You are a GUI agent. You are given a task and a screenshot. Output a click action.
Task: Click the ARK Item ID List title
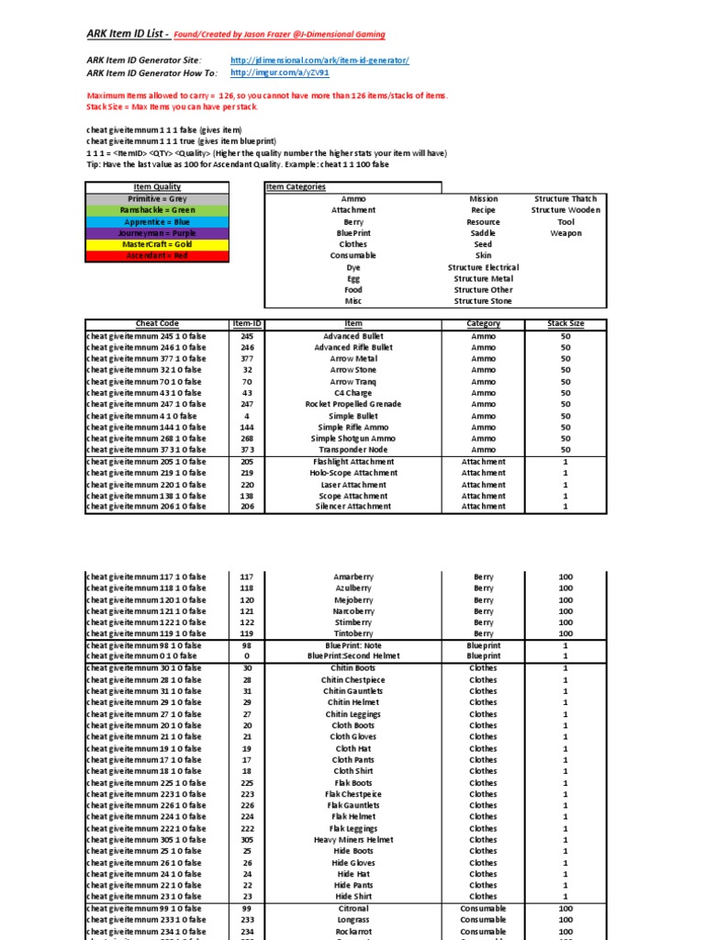[128, 35]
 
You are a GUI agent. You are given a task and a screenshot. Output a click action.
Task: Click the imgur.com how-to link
[279, 73]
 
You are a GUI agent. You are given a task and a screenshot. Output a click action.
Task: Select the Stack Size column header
[565, 324]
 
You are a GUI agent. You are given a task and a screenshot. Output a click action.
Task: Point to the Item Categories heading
[295, 187]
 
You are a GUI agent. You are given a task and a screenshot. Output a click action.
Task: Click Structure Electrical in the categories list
[483, 267]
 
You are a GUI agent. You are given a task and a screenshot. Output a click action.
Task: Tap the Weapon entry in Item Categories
[565, 233]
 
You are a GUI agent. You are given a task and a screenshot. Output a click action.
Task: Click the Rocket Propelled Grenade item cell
[353, 404]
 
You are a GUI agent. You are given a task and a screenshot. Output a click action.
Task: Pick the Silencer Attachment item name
[353, 506]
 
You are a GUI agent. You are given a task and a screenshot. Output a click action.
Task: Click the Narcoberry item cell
[353, 611]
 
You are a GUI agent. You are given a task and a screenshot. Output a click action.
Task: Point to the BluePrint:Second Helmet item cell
[353, 656]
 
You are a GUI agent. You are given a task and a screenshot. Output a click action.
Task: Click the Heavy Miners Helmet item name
[353, 840]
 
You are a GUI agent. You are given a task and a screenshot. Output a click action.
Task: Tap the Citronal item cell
[353, 908]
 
